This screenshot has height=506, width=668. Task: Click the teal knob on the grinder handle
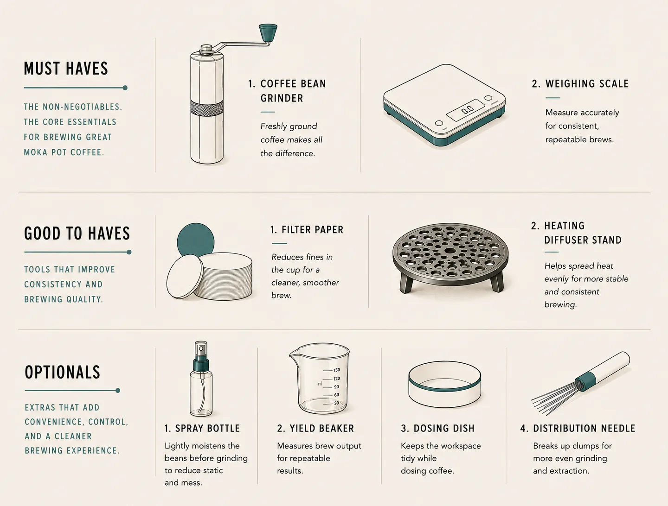coord(268,32)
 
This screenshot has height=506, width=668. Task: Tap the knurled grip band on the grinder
coord(206,108)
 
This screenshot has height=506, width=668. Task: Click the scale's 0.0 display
coord(465,110)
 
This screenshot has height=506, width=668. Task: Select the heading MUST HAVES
coord(66,69)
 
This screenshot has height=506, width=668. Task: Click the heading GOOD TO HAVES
coord(77,234)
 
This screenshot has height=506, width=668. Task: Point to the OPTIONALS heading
coord(62,372)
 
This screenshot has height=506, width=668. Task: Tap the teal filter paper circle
coord(196,240)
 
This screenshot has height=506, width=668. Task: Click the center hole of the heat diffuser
coord(450,251)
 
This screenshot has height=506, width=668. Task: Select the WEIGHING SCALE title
coord(580,83)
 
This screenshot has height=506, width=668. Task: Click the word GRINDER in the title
coord(282,98)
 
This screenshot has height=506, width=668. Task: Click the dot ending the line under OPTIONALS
coord(118,391)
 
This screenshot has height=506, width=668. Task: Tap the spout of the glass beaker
coord(293,353)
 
